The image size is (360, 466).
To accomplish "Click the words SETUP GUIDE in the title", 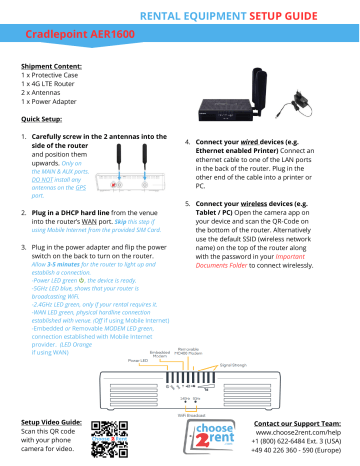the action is (299, 16).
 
